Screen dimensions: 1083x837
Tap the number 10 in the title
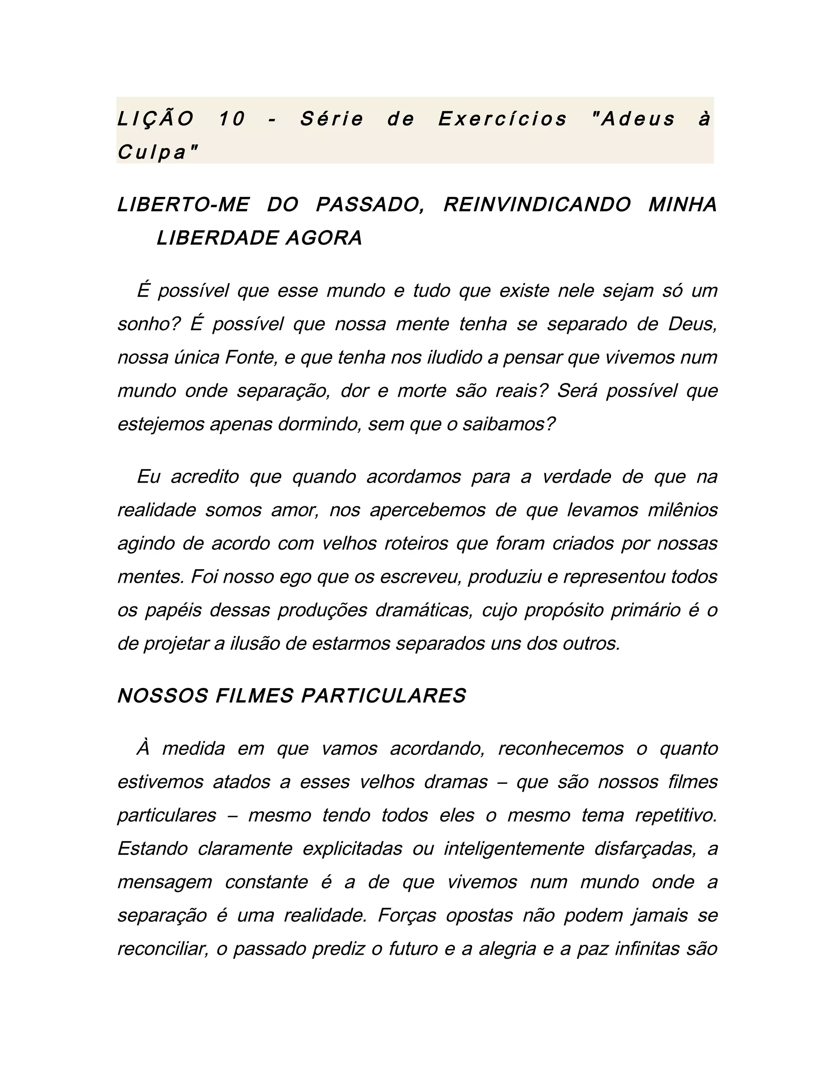click(x=232, y=119)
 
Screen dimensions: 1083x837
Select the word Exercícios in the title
click(x=502, y=119)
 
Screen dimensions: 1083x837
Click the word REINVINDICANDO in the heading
click(x=537, y=205)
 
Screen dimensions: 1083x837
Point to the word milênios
click(x=682, y=510)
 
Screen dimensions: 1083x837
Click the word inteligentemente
click(x=514, y=849)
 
